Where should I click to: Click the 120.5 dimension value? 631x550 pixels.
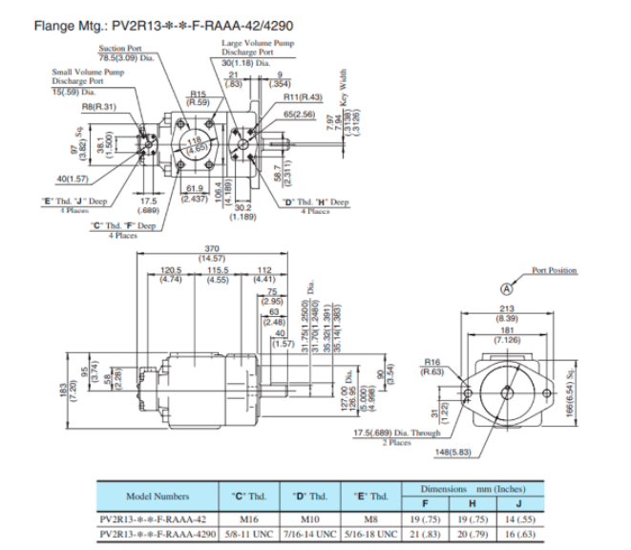[x=171, y=270]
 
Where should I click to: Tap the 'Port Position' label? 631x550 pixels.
[x=555, y=270]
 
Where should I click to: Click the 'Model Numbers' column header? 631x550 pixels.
[x=158, y=497]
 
